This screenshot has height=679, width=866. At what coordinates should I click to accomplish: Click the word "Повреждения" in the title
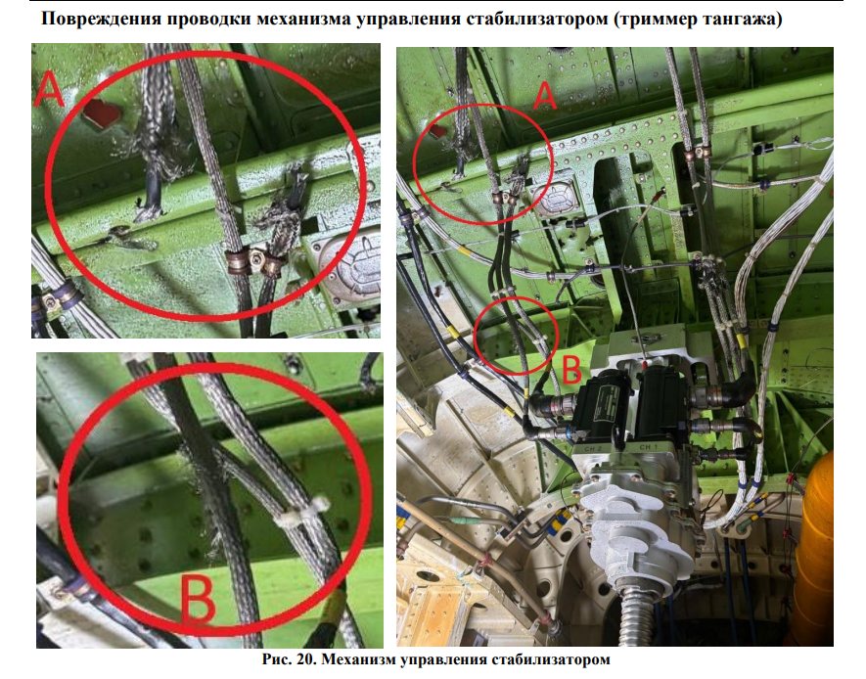(102, 20)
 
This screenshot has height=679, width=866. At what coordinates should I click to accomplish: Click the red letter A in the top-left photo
(49, 89)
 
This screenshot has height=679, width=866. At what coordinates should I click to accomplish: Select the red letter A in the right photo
(544, 96)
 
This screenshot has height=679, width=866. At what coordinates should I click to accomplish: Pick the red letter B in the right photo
(571, 369)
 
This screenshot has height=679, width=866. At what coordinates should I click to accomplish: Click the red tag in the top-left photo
(101, 114)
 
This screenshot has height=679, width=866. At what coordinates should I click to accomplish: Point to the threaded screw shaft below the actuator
(634, 619)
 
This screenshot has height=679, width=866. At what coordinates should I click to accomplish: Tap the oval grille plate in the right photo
(556, 200)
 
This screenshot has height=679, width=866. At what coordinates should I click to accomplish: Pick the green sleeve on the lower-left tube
(458, 521)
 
